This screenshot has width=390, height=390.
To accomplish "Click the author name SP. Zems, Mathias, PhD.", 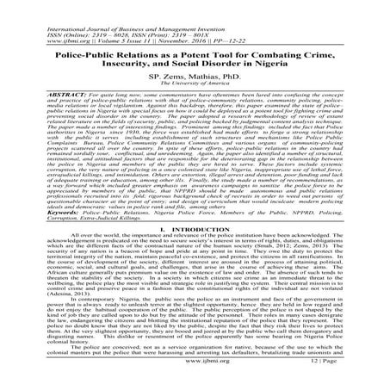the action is tap(195, 77).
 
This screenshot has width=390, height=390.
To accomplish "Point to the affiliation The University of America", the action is tap(195, 84).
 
